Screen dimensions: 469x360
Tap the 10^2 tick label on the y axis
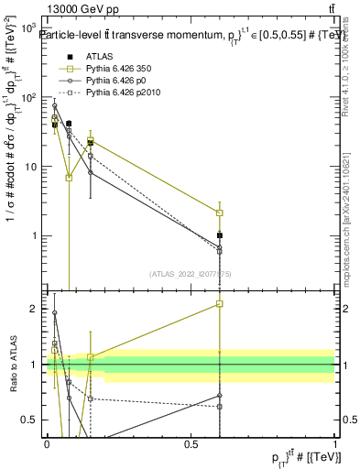tap(27, 98)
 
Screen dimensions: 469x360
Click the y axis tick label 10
tap(29, 167)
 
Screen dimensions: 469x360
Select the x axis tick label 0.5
tap(191, 444)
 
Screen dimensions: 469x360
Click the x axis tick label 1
tap(336, 444)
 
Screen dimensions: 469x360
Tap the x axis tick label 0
tap(47, 444)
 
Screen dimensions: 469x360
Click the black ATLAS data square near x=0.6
tap(220, 235)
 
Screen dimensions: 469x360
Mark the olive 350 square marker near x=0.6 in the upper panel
tap(220, 213)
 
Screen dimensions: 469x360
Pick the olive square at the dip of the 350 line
tap(70, 178)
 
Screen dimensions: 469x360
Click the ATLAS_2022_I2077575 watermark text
tap(191, 274)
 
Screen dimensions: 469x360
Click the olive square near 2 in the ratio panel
tap(220, 303)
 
